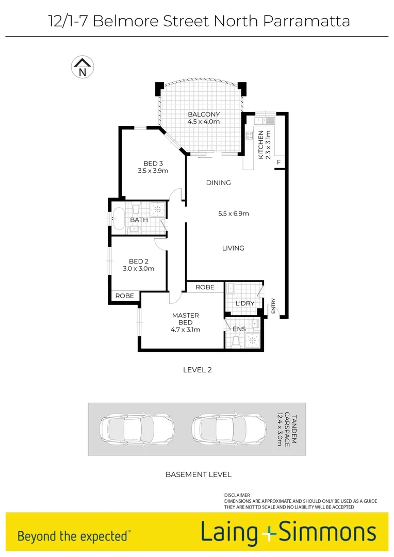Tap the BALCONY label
pyautogui.click(x=204, y=114)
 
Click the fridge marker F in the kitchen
pyautogui.click(x=279, y=162)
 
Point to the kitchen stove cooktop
pyautogui.click(x=250, y=136)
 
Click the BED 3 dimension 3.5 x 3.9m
pyautogui.click(x=153, y=171)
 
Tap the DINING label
pyautogui.click(x=218, y=183)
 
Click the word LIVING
pyautogui.click(x=233, y=248)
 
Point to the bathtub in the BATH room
pyautogui.click(x=119, y=219)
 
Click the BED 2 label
pyautogui.click(x=139, y=261)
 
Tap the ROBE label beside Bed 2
pyautogui.click(x=125, y=296)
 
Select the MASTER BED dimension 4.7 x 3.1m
pyautogui.click(x=186, y=330)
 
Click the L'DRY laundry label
pyautogui.click(x=244, y=303)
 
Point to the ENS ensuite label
pyautogui.click(x=239, y=329)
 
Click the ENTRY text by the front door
pyautogui.click(x=273, y=305)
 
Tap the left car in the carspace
pyautogui.click(x=127, y=429)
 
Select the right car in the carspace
pyautogui.click(x=219, y=429)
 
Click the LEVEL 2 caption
pyautogui.click(x=198, y=370)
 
